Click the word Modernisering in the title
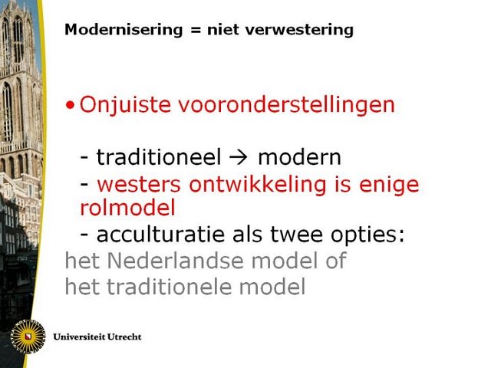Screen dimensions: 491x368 (x=124, y=31)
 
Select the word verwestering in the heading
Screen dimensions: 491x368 (x=299, y=31)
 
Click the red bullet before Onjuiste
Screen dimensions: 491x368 (x=70, y=105)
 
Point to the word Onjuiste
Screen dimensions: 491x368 (x=125, y=104)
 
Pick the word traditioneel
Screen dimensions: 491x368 (x=159, y=156)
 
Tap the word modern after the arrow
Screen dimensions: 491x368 (x=299, y=157)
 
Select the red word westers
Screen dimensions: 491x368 (x=139, y=185)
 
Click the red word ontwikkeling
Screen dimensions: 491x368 (x=258, y=185)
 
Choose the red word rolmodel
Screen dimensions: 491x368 (x=127, y=208)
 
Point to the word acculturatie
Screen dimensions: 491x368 (x=160, y=235)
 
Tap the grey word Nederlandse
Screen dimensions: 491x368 (x=176, y=261)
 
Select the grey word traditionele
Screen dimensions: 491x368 (x=170, y=287)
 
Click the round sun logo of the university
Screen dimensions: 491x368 (x=28, y=337)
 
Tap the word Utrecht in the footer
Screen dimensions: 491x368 (x=124, y=337)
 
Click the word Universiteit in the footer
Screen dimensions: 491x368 (x=79, y=337)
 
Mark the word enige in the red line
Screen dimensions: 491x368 (x=389, y=186)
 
